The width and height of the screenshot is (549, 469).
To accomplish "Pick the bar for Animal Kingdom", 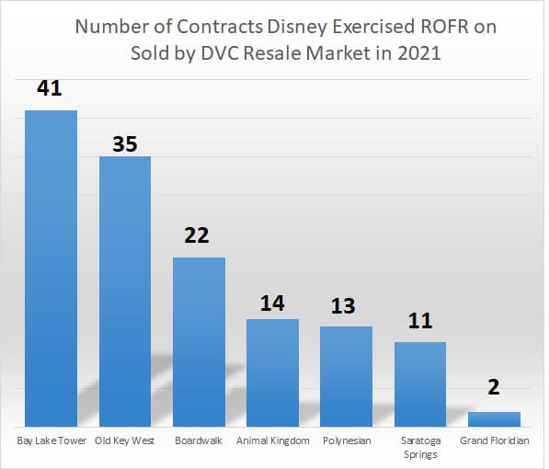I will (272, 372).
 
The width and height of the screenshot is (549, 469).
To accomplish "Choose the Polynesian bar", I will (346, 376).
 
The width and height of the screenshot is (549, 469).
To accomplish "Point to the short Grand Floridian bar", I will (494, 419).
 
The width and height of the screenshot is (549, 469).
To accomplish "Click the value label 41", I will (51, 90).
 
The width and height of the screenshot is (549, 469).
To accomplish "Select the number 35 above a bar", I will (125, 143).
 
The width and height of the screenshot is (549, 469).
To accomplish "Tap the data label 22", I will (199, 235).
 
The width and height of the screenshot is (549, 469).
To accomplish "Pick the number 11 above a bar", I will (420, 321).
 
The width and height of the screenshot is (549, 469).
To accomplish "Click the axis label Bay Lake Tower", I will (51, 440).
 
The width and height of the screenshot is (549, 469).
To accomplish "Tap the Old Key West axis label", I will (125, 440).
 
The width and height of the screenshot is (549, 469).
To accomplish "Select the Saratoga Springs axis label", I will (420, 447).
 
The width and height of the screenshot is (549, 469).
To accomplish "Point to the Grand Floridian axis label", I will (494, 440).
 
